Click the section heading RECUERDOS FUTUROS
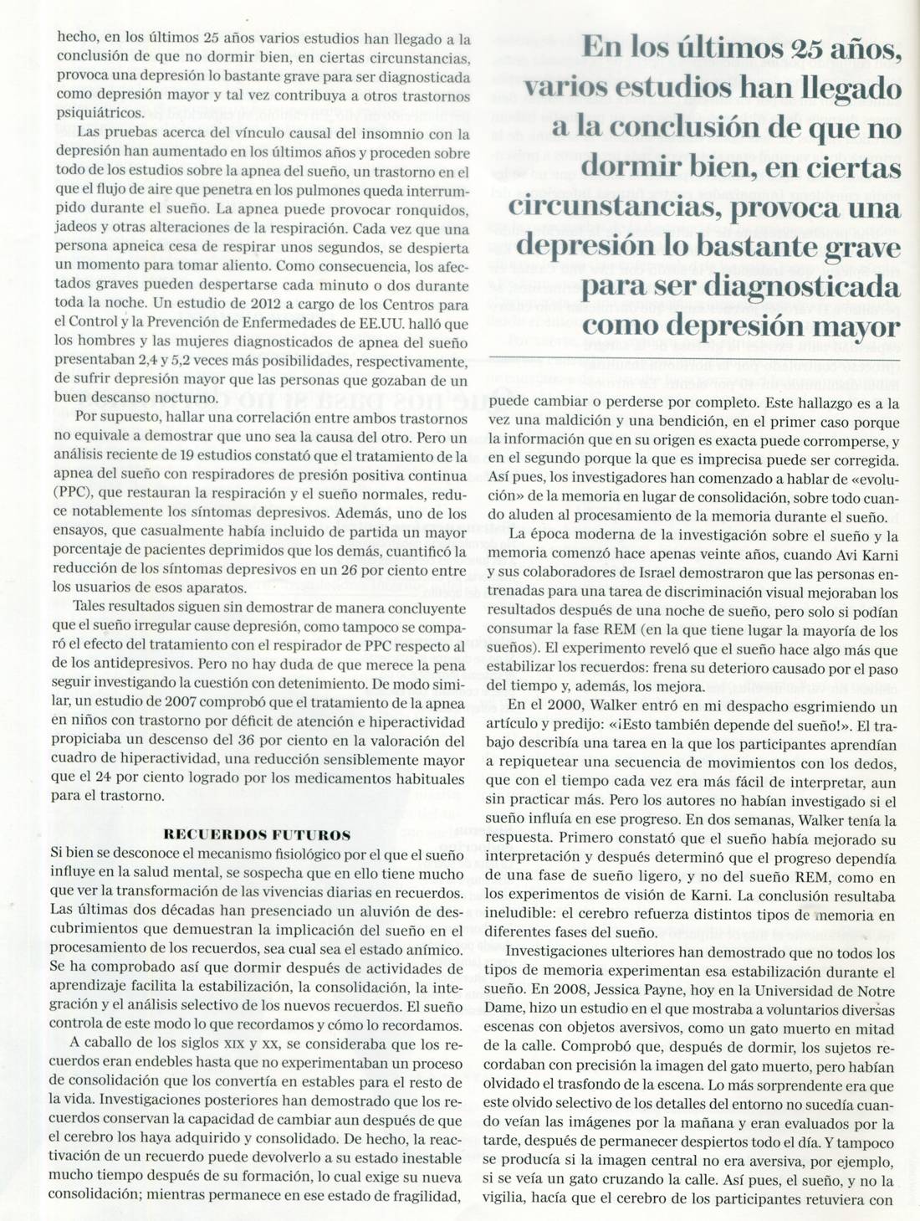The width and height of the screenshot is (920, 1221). click(x=257, y=834)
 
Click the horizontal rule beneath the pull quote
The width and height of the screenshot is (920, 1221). click(x=694, y=358)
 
